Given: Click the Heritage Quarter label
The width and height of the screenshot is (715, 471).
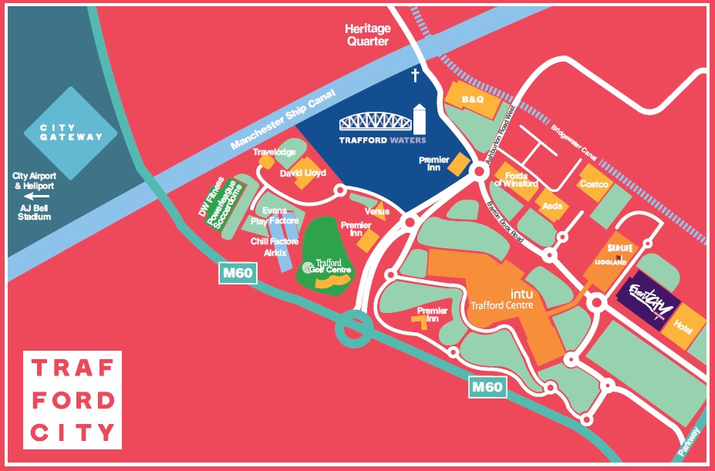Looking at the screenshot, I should (367, 35).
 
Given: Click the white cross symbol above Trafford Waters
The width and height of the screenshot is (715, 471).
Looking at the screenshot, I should (414, 75).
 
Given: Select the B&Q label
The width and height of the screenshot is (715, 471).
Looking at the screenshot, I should (471, 100).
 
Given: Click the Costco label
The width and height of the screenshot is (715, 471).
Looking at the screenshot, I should (594, 184).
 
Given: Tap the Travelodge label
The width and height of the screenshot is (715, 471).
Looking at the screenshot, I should (274, 153).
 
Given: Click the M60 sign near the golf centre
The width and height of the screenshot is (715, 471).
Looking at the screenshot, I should (238, 274).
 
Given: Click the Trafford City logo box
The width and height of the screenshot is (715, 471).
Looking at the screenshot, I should (72, 400).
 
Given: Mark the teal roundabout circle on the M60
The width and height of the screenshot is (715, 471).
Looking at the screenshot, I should (353, 328).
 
